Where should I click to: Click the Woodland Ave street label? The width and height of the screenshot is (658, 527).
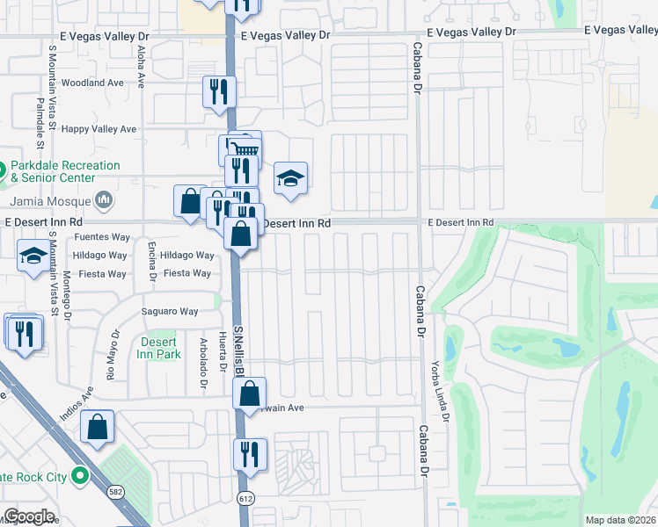point(92,83)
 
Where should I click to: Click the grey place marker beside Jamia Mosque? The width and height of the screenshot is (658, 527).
point(104,201)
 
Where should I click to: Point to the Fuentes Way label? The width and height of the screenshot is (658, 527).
point(102,237)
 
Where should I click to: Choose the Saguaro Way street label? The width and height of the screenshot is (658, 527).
point(171,311)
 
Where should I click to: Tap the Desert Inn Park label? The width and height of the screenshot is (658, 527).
point(159,348)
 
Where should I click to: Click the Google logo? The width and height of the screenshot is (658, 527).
point(28,516)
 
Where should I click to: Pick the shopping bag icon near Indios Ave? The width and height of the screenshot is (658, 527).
point(97,428)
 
